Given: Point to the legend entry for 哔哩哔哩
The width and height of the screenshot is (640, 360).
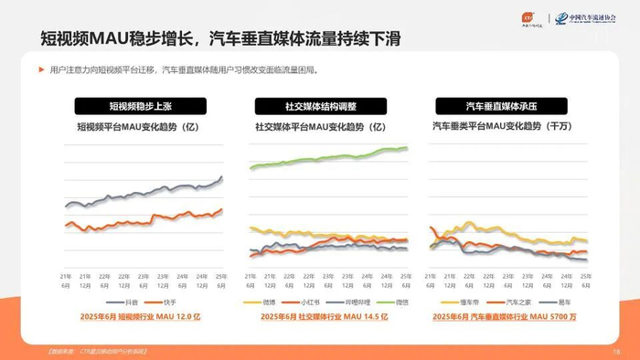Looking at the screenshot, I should [347, 302].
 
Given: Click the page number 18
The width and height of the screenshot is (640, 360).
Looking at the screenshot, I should [616, 351].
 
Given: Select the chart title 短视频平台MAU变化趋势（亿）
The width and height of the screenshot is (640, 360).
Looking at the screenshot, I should [137, 127].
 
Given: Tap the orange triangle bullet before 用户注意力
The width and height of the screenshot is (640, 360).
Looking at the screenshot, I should [41, 70].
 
